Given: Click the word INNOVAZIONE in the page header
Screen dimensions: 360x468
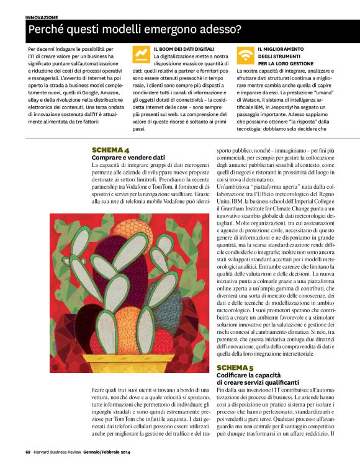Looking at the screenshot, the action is point(42,17).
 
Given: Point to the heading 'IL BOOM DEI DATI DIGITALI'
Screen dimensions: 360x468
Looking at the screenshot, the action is point(184,48).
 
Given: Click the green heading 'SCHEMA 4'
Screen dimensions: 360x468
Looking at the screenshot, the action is point(110,150).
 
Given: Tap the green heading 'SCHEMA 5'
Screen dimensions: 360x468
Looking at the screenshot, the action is point(235,367).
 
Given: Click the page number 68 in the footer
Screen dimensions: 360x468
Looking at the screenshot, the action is point(29,451).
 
